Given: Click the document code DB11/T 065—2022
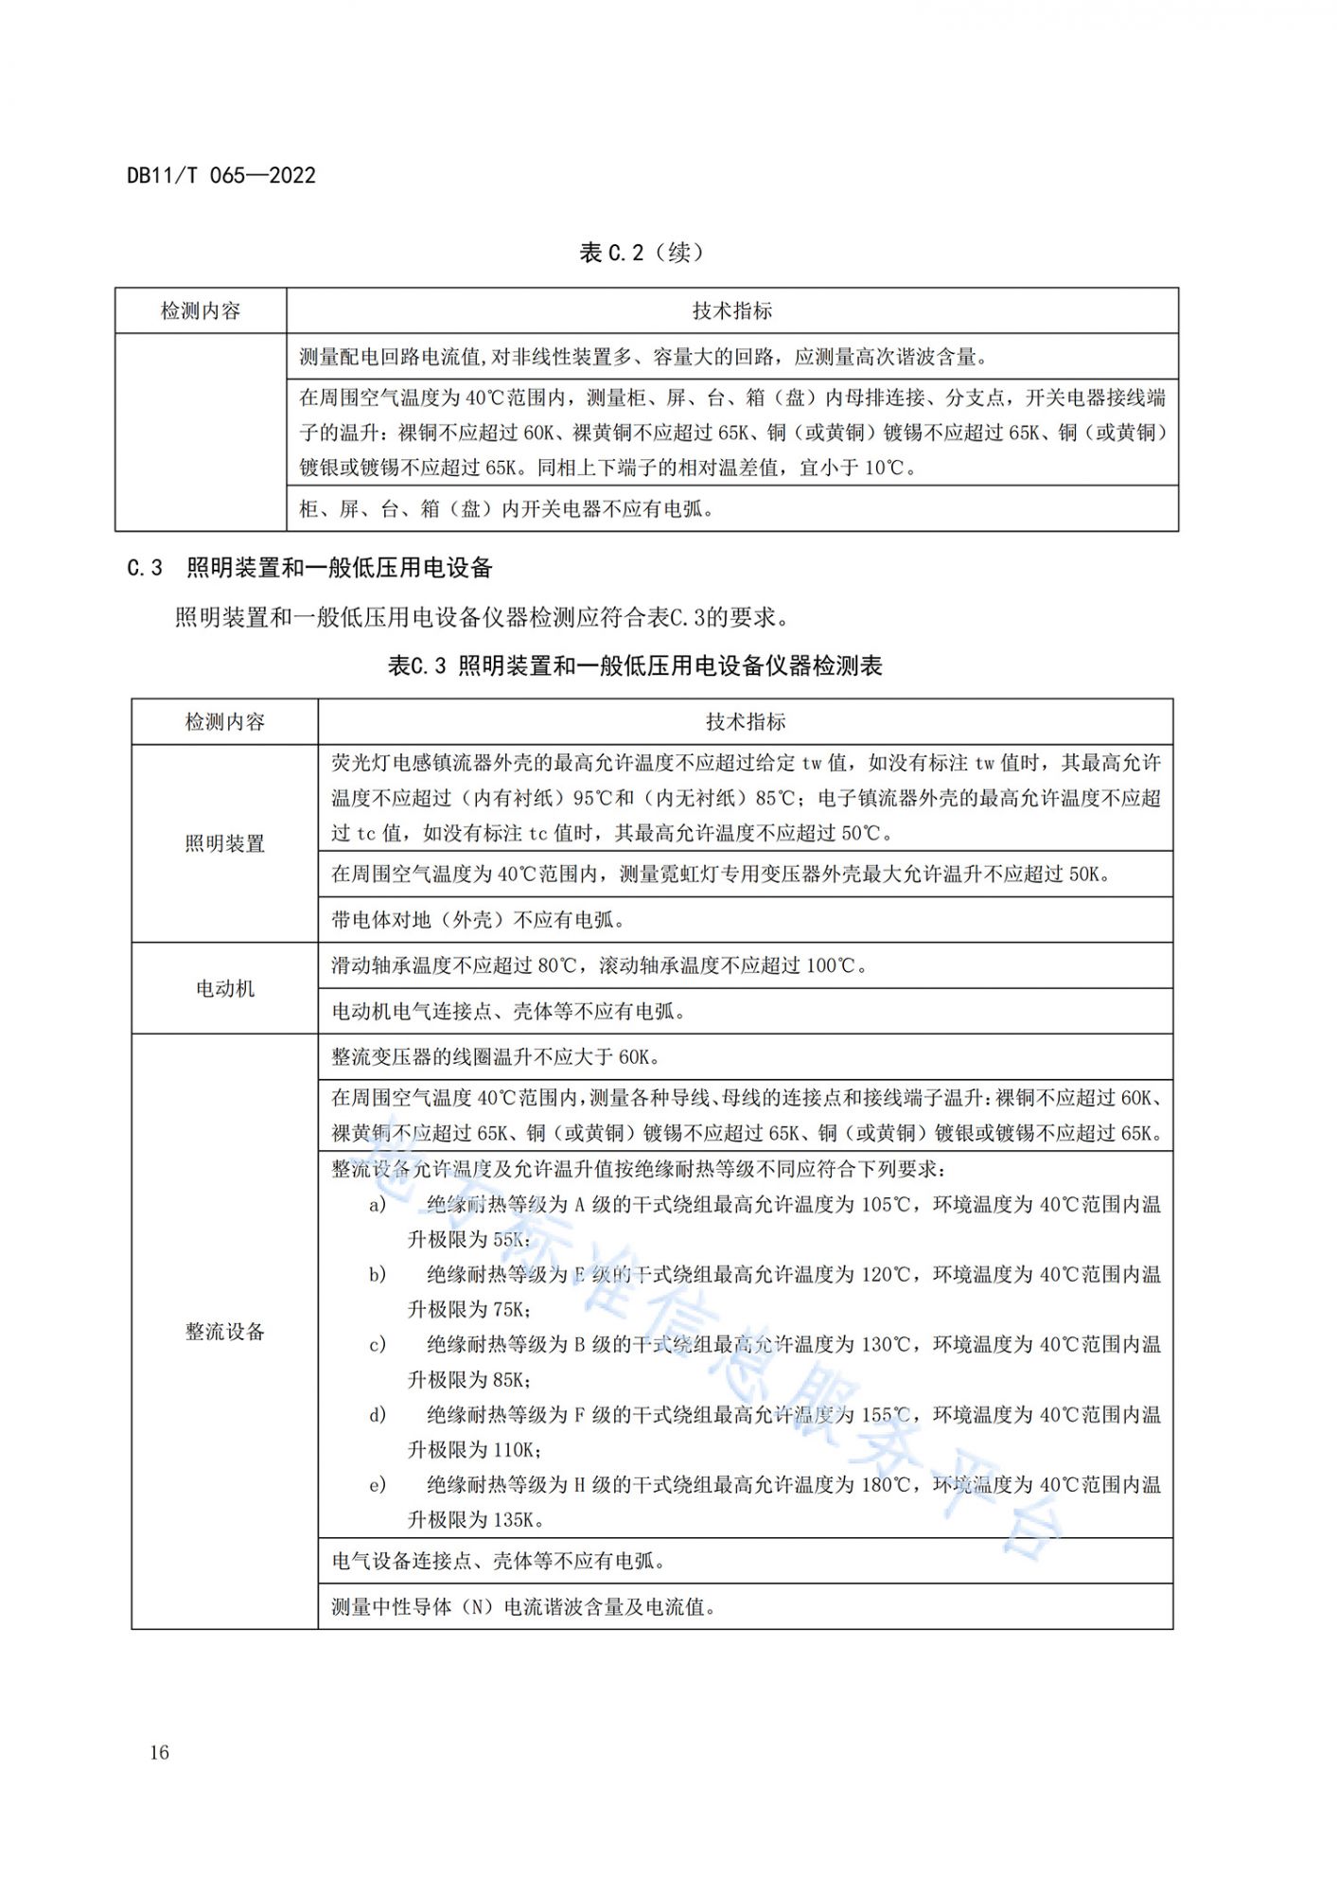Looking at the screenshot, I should (x=221, y=175).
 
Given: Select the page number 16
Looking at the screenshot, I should (x=159, y=1752).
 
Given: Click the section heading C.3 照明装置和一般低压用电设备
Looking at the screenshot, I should (x=310, y=568).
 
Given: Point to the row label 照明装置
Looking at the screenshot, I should (x=224, y=843).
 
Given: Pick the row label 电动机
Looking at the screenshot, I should (x=224, y=988).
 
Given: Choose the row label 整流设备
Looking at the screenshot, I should (x=224, y=1332).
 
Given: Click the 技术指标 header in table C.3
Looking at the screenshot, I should (x=746, y=722).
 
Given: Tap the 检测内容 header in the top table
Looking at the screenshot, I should (x=201, y=310).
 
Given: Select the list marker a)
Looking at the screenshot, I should (x=378, y=1205).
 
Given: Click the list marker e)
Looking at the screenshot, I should (x=378, y=1485).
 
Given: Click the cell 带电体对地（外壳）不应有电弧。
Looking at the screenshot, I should (x=478, y=920).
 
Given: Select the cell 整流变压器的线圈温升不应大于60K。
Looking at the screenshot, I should (x=496, y=1057).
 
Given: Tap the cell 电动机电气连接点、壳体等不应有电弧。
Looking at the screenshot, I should (x=508, y=1012).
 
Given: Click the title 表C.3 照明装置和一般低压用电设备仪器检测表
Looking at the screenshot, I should (x=635, y=666).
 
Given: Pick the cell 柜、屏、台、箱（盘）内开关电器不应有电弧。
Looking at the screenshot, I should (x=506, y=509).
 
